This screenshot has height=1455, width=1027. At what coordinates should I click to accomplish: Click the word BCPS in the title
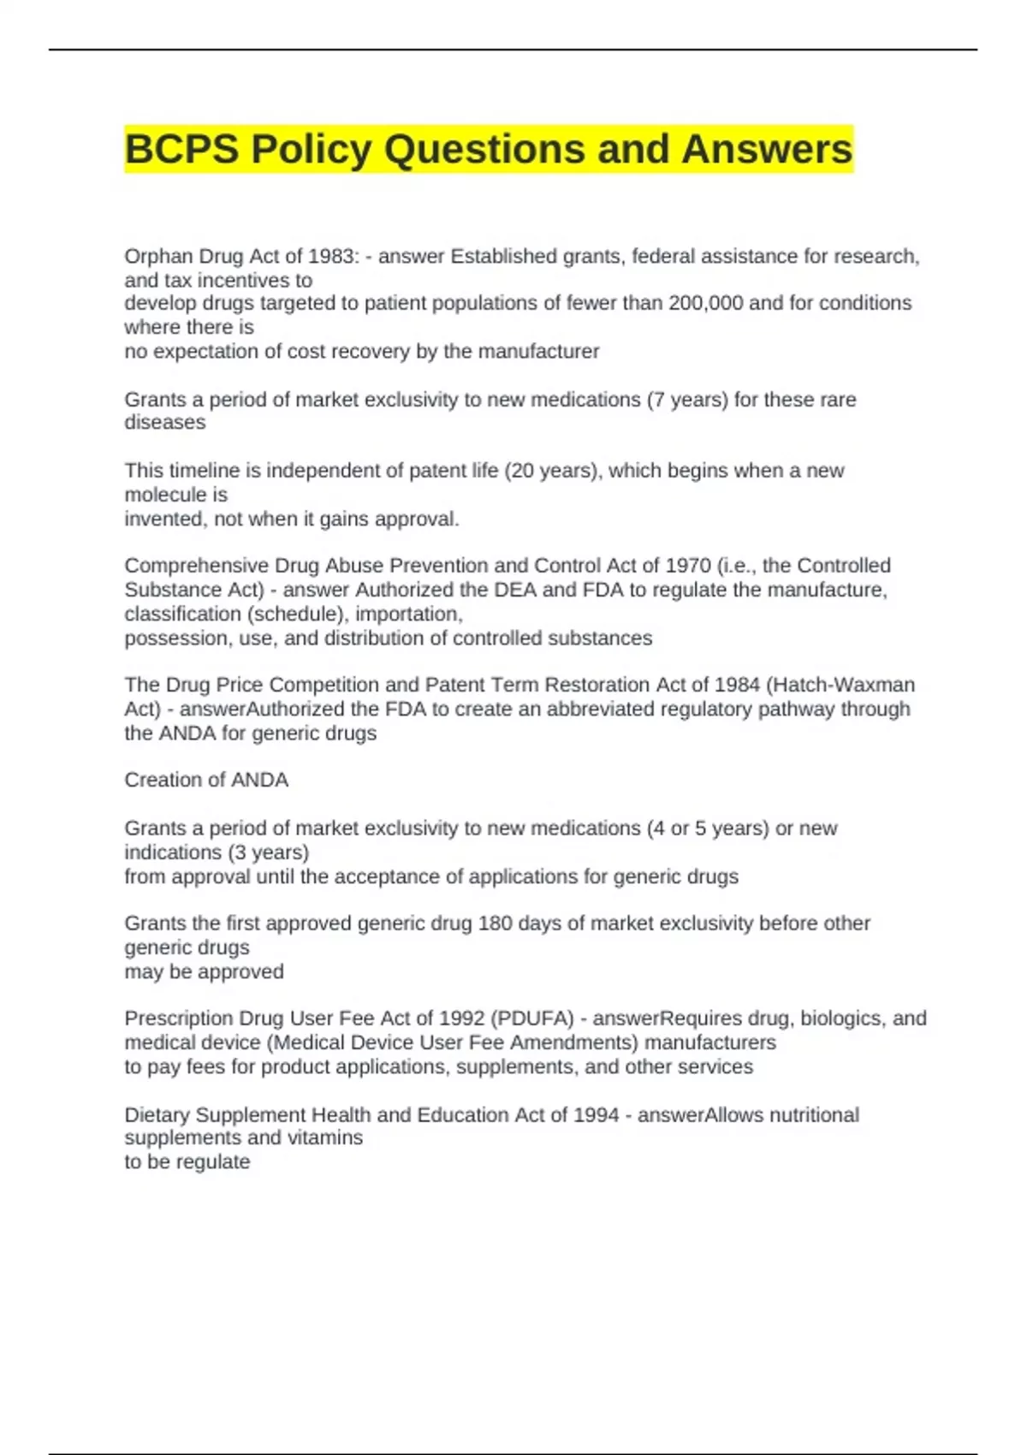(x=181, y=150)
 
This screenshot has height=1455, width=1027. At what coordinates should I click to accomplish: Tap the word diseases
(x=165, y=423)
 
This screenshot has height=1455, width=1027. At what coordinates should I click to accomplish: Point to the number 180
(x=495, y=923)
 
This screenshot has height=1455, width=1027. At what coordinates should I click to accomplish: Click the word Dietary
(x=157, y=1115)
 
